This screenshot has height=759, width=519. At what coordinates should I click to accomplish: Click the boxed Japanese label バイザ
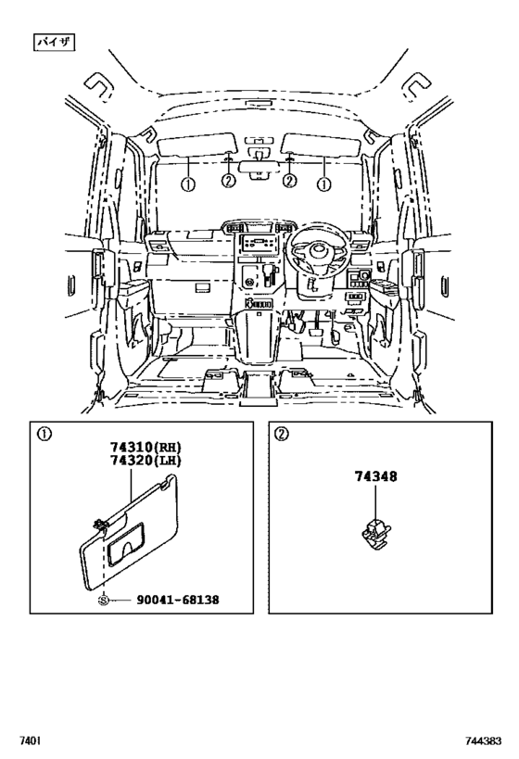pos(54,42)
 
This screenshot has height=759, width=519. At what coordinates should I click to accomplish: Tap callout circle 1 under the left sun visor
pos(188,183)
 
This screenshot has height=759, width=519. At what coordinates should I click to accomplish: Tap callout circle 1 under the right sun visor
pos(323,183)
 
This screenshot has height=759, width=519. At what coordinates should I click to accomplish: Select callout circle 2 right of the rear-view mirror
pos(289,181)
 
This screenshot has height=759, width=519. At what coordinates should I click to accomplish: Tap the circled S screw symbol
pos(104,600)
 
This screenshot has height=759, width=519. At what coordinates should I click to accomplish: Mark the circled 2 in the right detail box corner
pos(282,432)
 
